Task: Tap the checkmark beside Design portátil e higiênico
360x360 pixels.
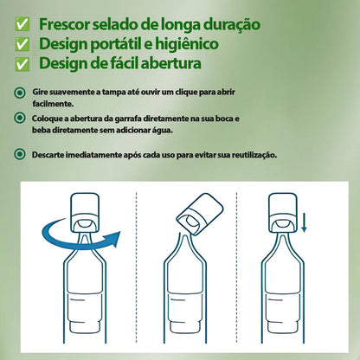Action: [x=23, y=42]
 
